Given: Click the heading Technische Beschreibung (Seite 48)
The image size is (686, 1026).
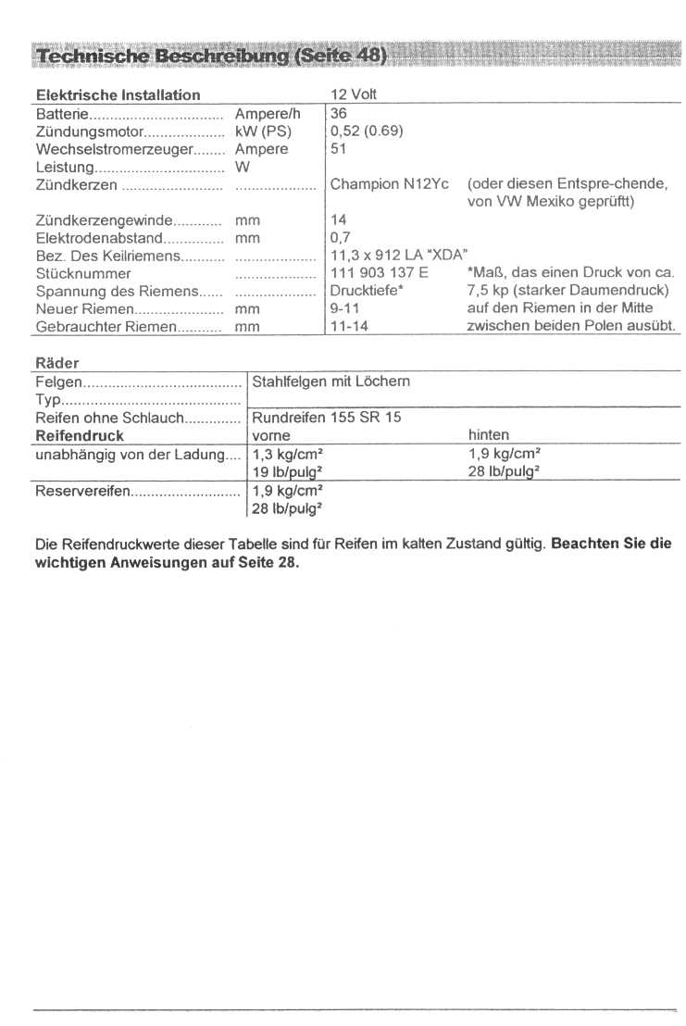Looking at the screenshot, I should pos(209,56).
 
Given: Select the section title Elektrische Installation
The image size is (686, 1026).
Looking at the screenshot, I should pos(118,94).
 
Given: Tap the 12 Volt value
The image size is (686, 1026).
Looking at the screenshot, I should pos(353,94).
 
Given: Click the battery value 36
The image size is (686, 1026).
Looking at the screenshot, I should pos(339,113).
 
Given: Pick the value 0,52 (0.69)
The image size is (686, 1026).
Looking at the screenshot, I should pos(367,131).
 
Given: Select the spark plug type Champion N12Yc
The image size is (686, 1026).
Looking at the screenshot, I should pos(389,184).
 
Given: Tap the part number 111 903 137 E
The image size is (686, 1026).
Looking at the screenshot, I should pos(379,273).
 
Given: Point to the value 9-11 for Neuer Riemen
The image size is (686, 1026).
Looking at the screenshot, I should pos(344,308).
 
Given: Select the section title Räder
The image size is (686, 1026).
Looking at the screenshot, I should pos(56,362).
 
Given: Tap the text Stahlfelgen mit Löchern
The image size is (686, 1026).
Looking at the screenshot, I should pos(331,381).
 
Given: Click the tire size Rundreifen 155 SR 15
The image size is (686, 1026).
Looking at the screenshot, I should pos(326,417).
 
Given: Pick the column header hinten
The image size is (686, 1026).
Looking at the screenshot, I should pos(489,435).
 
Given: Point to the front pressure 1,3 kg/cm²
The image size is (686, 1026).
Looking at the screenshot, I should pos(287,454).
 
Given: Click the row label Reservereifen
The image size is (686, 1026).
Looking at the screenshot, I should pos(82,490).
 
